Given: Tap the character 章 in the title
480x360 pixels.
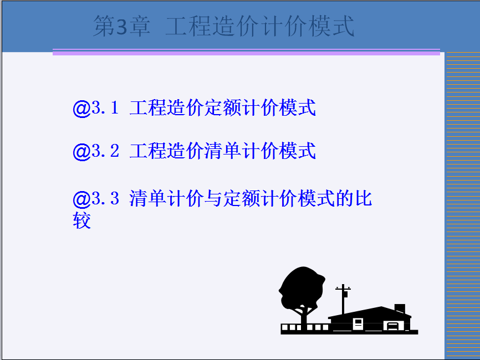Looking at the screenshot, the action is click(140, 26).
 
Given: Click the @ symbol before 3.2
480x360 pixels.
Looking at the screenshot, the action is click(81, 151).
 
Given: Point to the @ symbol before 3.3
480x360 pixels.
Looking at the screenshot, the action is click(81, 199).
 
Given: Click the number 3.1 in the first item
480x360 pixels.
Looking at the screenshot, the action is click(105, 107).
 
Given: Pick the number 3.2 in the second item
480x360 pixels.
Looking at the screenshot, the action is click(105, 151).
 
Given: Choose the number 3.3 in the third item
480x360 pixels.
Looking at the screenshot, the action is click(105, 198).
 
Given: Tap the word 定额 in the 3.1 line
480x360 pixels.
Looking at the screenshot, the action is click(223, 107).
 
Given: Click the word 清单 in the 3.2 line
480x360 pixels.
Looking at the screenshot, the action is click(223, 151).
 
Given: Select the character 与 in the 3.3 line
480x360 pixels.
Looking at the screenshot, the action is click(213, 198).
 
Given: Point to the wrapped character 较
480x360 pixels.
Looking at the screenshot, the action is click(81, 220).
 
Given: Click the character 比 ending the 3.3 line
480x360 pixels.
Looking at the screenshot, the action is click(364, 198).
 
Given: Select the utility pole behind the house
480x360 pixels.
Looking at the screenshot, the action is click(343, 300).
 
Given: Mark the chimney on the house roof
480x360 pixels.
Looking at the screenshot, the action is click(400, 308).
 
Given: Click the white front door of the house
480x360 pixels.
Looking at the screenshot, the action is click(358, 323).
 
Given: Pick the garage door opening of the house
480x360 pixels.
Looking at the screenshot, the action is click(394, 326).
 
